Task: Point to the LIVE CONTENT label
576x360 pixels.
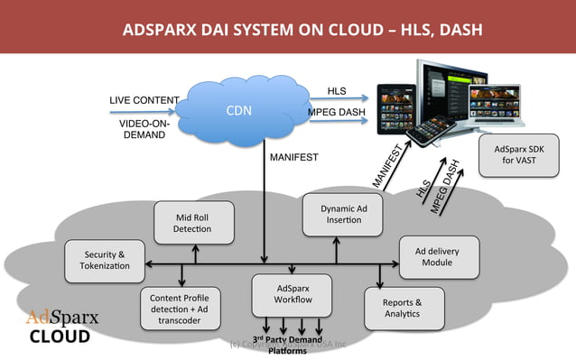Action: click(144, 99)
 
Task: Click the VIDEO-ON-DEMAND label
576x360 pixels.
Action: click(144, 128)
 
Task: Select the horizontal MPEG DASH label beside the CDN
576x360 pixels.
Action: click(335, 112)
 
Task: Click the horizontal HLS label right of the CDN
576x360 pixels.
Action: click(335, 90)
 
